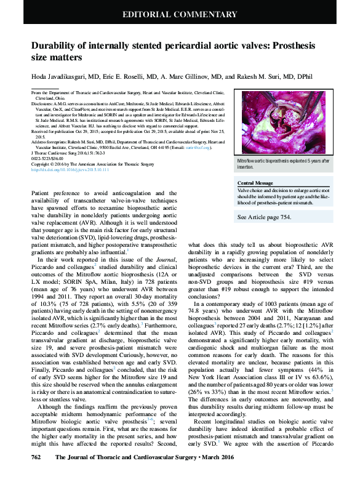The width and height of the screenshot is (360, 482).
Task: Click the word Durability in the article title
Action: (56, 46)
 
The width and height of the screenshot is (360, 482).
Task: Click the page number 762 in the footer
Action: (36, 474)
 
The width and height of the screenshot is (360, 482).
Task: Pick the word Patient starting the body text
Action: (42, 193)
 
